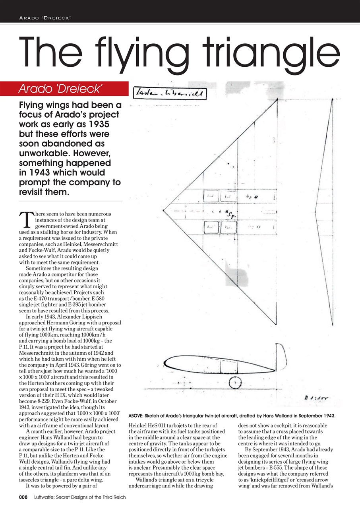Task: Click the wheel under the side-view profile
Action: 235,383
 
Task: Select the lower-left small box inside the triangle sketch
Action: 211,227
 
